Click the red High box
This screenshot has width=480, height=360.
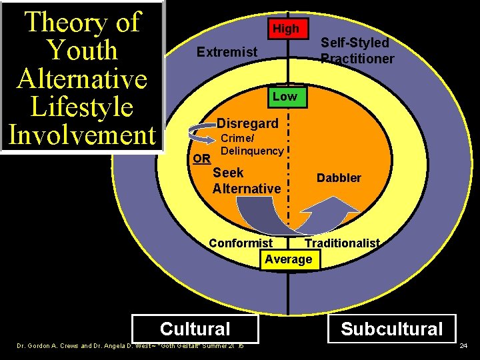click(x=285, y=29)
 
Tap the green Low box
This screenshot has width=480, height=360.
click(x=285, y=97)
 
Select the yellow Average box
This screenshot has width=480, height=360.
click(x=289, y=259)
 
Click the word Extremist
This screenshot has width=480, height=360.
click(x=227, y=51)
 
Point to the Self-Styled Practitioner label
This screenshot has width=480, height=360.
click(x=357, y=51)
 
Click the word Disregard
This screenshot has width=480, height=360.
click(x=247, y=123)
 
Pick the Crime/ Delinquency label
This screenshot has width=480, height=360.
click(x=251, y=145)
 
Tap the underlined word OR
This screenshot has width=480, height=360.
click(x=201, y=159)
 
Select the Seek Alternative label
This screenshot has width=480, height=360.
click(x=246, y=181)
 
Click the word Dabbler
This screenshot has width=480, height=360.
click(x=339, y=178)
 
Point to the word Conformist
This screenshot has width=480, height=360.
click(x=241, y=243)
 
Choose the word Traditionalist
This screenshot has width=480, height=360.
click(x=342, y=243)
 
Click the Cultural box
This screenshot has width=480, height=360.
click(x=195, y=329)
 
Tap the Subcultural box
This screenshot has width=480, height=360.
click(x=391, y=329)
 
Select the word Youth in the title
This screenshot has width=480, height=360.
click(x=83, y=51)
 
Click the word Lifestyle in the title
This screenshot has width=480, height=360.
click(x=83, y=107)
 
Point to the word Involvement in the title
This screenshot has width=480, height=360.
click(x=83, y=135)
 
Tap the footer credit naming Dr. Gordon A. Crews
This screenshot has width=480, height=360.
click(x=130, y=347)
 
